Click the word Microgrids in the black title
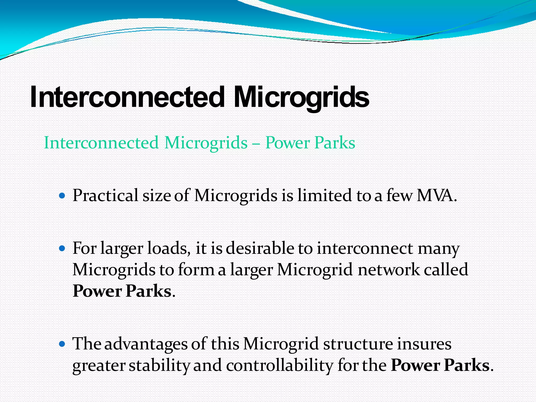(x=301, y=97)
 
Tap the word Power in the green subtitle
(x=287, y=143)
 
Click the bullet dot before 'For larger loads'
(x=62, y=248)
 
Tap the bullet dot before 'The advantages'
(x=62, y=344)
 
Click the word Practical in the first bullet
(x=105, y=196)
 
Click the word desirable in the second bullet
(x=260, y=248)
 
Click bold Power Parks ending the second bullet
(x=122, y=291)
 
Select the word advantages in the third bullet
(x=146, y=344)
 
